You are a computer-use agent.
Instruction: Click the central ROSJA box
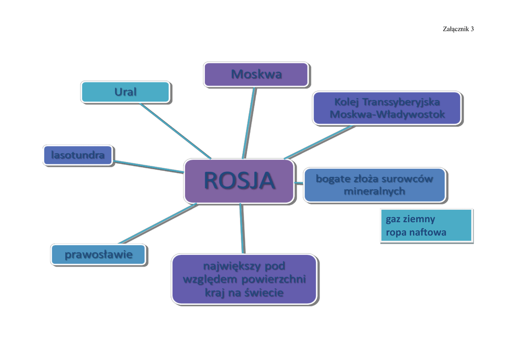tap(239, 181)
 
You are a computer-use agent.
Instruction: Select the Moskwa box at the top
tap(256, 74)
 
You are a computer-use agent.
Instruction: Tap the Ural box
tap(126, 92)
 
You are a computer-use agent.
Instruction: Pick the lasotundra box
tap(77, 155)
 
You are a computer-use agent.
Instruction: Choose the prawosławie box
tap(99, 255)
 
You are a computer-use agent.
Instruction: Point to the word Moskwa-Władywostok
tap(387, 115)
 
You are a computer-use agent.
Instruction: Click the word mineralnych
tap(375, 191)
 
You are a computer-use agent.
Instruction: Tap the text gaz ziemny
tap(410, 219)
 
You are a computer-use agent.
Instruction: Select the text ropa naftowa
tap(416, 232)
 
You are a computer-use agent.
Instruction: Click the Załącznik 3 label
tap(458, 29)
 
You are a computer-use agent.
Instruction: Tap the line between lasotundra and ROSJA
tap(149, 166)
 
